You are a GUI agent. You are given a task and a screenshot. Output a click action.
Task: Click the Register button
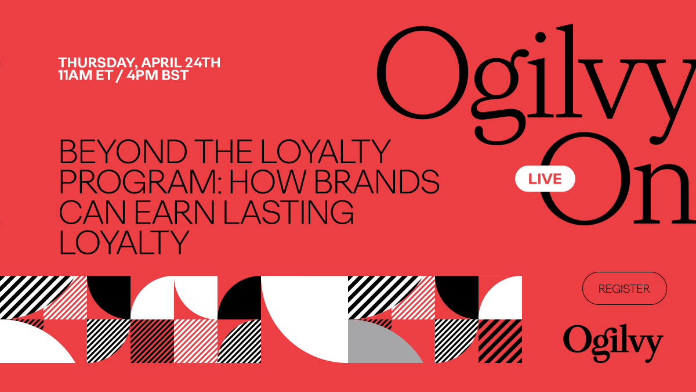point(624,289)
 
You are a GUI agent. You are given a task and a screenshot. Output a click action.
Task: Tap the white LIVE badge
point(545,179)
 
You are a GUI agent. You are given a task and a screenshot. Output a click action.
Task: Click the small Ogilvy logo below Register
point(612,341)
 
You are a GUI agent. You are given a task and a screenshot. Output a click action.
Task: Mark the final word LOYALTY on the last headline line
point(125,243)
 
